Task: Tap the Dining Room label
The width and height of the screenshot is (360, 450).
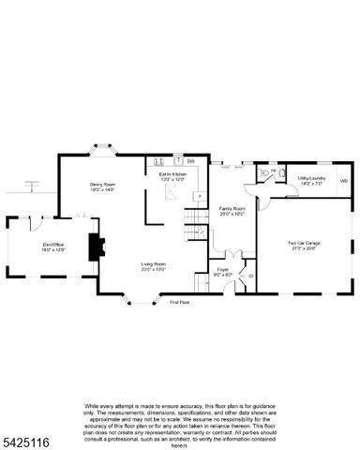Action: tap(102, 187)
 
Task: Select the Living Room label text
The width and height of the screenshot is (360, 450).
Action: tap(154, 267)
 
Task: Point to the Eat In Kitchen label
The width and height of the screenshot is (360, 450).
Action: tap(172, 175)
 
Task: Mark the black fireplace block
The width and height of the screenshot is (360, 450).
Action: tap(96, 247)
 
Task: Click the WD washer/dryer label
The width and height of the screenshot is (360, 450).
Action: tap(343, 180)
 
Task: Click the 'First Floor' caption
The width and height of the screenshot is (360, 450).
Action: tap(179, 302)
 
